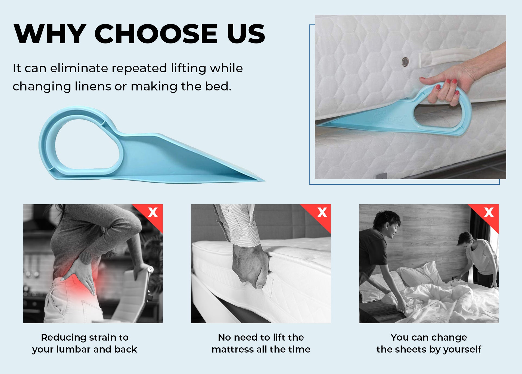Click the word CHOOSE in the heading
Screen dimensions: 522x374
click(x=156, y=34)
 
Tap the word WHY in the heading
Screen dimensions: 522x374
click(x=50, y=34)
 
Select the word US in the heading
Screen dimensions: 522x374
click(x=246, y=34)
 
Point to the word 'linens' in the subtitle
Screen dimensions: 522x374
click(x=93, y=86)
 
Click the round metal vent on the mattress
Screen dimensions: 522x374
click(x=405, y=62)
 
